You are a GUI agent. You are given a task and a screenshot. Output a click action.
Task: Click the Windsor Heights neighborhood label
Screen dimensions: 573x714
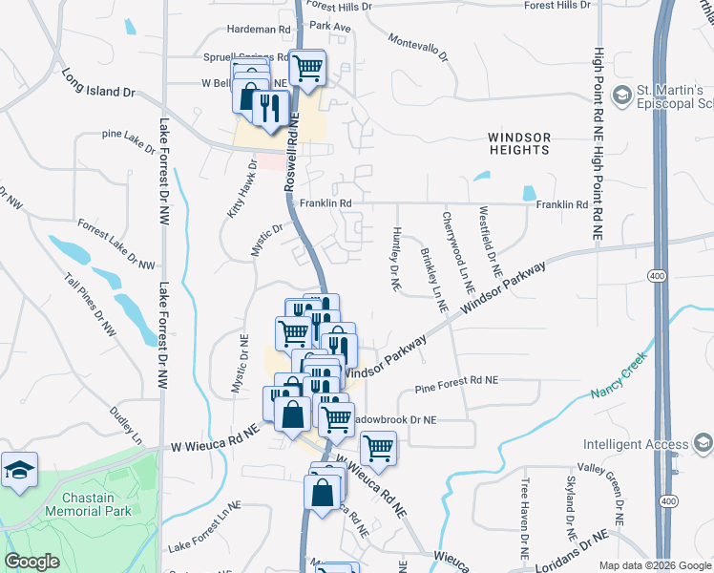coord(518,143)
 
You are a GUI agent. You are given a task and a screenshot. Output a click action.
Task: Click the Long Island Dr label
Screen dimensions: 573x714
coord(98,82)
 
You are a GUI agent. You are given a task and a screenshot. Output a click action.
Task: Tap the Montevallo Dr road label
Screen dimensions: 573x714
coord(417,49)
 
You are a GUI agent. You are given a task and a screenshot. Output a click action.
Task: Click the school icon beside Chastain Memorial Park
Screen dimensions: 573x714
coord(19,470)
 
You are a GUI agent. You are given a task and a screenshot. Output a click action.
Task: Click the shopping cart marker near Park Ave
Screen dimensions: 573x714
coord(308,68)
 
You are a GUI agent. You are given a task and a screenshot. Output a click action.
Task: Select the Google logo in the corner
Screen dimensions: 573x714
coord(31,562)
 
